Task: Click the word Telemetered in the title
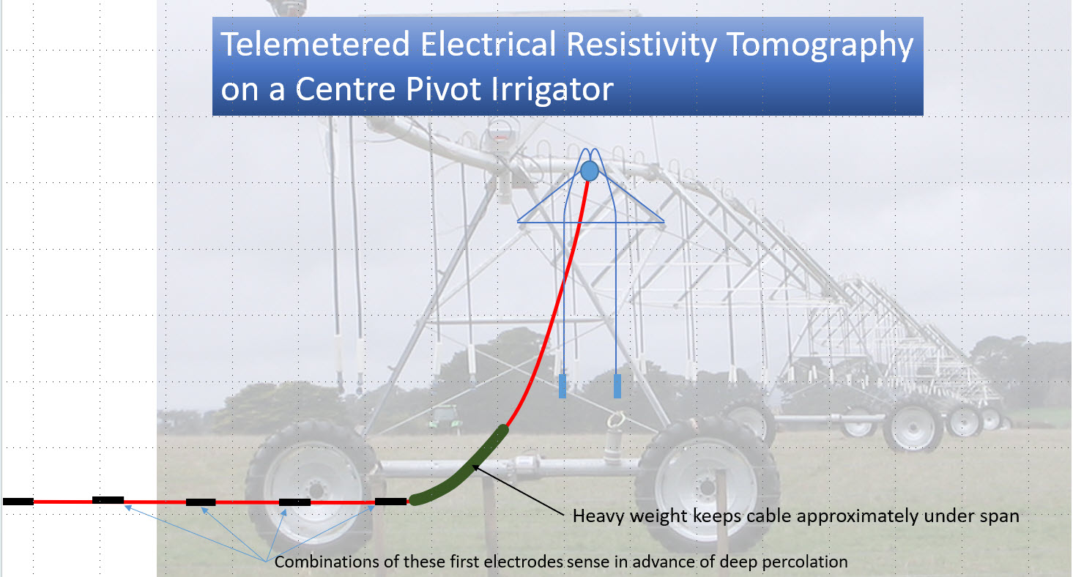[x=315, y=44]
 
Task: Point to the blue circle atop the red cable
[x=589, y=171]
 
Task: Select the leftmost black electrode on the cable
[x=18, y=502]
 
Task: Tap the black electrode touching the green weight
[x=391, y=502]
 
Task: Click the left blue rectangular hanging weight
[x=563, y=386]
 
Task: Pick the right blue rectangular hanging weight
[x=617, y=386]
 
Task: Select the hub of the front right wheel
[x=707, y=488]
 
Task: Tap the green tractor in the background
[x=445, y=417]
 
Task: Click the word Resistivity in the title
[x=642, y=45]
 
